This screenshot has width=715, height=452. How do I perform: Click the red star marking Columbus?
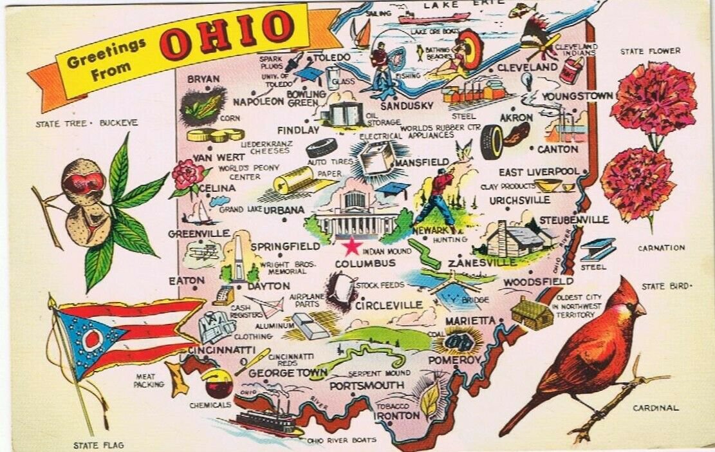[x=351, y=246]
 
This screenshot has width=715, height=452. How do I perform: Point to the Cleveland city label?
[x=527, y=67]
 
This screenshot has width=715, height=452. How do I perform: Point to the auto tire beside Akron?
[x=492, y=142]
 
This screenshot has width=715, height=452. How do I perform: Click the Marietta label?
[x=469, y=320]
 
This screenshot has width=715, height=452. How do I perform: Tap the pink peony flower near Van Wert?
[x=187, y=175]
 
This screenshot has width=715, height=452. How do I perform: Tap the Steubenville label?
[x=573, y=220]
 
